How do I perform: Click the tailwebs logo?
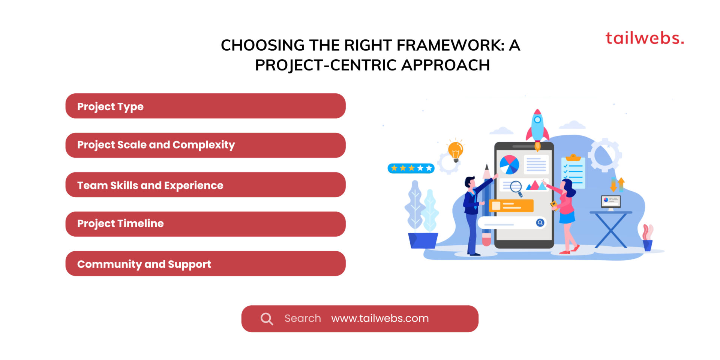(645, 38)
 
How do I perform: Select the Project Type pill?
(205, 106)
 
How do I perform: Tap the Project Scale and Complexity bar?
(205, 145)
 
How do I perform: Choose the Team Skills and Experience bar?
(205, 185)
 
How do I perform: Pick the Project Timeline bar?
(205, 224)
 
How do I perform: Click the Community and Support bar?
(205, 264)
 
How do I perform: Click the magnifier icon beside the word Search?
(267, 319)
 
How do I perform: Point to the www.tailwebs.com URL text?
(380, 318)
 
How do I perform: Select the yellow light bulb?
(456, 151)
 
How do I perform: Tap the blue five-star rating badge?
(411, 168)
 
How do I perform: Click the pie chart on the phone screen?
(509, 165)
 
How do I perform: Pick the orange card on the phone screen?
(511, 205)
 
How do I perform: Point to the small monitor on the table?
(611, 202)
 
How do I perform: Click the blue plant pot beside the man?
(423, 240)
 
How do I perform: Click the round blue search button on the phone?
(540, 223)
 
